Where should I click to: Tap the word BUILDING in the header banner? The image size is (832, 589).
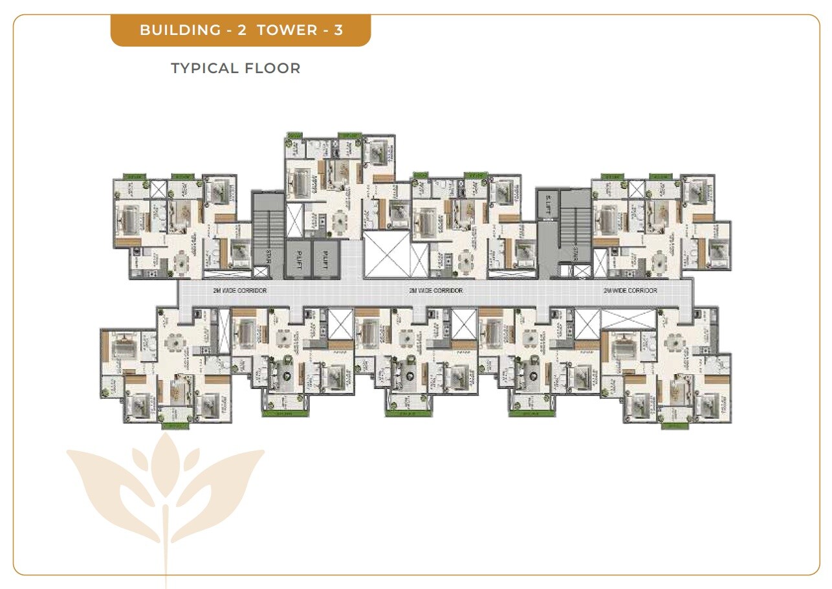pos(180,30)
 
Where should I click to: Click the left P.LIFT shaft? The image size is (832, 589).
pos(297,258)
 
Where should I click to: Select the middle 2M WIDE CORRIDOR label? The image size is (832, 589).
pos(435,291)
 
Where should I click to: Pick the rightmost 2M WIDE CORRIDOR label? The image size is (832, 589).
pos(630,291)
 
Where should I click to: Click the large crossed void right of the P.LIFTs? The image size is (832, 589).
pos(386,254)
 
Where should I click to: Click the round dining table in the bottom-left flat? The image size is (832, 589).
pos(174,340)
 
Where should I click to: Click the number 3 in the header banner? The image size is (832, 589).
pos(338,30)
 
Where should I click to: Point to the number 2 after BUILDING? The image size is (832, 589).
pos(241,30)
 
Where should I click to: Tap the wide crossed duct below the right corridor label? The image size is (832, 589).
pos(628,318)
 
